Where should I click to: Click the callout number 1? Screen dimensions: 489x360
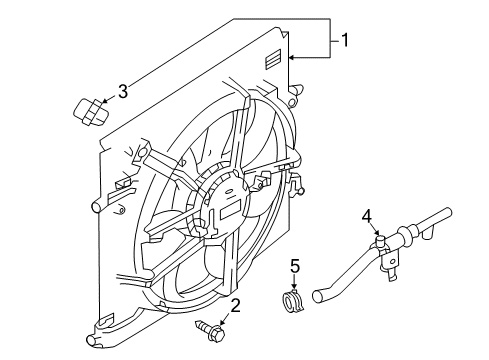[x=345, y=40]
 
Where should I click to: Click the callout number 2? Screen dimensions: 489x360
[x=235, y=306]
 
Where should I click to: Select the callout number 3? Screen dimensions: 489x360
[x=123, y=91]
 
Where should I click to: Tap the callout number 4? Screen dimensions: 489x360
[x=367, y=217]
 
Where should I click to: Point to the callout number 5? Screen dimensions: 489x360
[x=295, y=266]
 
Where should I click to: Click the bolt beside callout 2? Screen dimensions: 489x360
[x=210, y=331]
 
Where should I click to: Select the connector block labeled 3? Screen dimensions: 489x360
[x=90, y=112]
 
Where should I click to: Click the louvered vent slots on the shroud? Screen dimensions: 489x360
[x=273, y=59]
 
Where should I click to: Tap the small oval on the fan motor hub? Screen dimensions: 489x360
[x=228, y=191]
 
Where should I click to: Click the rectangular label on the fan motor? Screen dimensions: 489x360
[x=230, y=210]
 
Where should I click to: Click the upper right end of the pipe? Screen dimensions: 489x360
[x=448, y=212]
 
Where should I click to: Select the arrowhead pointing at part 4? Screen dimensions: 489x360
[x=377, y=232]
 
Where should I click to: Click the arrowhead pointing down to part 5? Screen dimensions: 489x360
[x=294, y=286]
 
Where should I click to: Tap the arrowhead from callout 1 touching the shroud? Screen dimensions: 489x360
[x=291, y=58]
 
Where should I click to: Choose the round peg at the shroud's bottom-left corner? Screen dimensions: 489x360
[x=91, y=340]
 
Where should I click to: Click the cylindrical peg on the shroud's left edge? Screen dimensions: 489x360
[x=98, y=205]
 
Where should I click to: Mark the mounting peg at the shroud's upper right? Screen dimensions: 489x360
[x=297, y=89]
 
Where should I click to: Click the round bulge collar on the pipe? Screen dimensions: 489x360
[x=404, y=234]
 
